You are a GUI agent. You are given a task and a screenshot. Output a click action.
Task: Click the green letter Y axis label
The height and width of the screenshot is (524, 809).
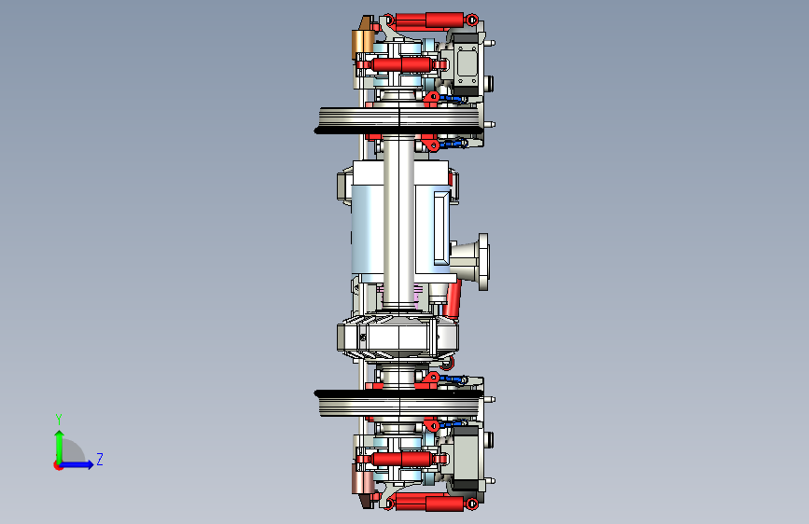point(59,419)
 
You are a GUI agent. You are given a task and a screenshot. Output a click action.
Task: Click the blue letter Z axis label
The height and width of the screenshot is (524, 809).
point(100,459)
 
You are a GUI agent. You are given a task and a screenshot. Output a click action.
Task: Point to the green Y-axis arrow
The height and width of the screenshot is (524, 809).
point(59,447)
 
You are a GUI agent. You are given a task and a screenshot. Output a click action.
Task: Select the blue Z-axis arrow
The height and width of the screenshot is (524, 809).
point(76,464)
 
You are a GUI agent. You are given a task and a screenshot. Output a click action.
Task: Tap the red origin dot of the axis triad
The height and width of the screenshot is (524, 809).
point(58,465)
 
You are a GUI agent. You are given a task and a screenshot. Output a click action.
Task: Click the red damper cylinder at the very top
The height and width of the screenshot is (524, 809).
point(431,21)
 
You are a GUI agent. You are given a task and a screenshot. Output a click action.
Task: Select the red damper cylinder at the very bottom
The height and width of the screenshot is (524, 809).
point(431,502)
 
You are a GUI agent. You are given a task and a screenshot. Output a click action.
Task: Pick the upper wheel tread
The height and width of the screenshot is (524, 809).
point(399,120)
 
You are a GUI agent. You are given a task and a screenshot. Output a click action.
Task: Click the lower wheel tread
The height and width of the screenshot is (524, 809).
point(399,403)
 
